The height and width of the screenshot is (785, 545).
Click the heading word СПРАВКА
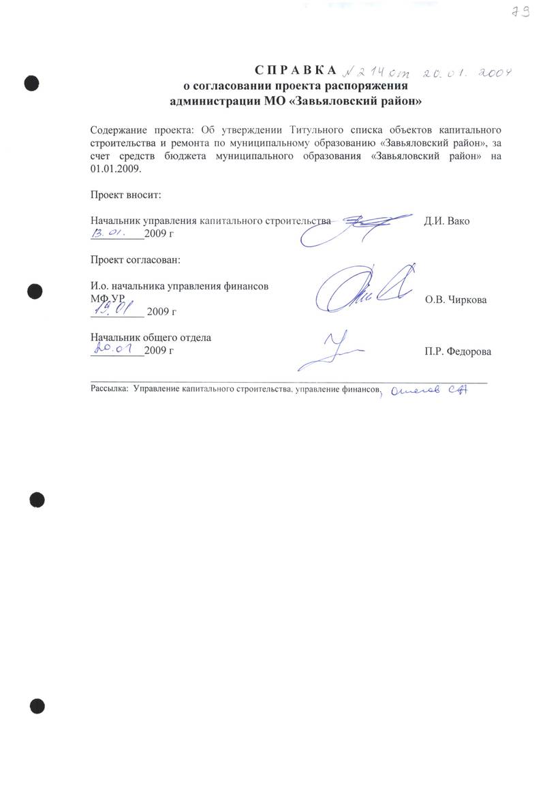click(x=296, y=71)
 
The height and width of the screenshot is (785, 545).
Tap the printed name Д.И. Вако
click(x=446, y=221)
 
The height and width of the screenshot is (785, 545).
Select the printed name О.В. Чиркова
click(x=456, y=300)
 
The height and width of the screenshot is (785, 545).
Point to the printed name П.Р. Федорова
click(x=457, y=351)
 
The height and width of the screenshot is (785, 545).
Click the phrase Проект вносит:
click(x=126, y=195)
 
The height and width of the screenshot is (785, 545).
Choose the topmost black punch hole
click(x=31, y=83)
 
